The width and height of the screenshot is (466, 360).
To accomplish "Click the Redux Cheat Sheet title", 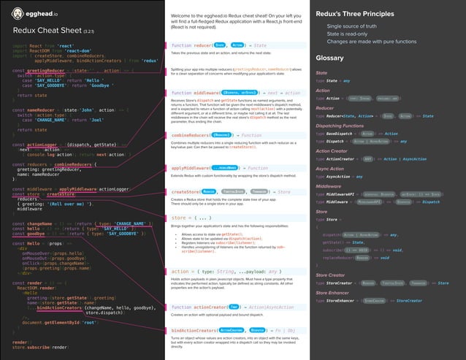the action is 47,31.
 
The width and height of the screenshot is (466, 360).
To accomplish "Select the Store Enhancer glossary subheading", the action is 333,292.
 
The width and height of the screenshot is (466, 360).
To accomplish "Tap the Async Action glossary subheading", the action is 329,169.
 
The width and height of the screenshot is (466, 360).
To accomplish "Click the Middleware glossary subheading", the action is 328,186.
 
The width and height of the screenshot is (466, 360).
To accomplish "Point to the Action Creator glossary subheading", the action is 332,151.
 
